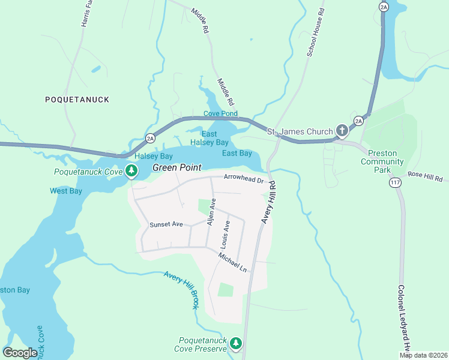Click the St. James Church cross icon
[342, 131]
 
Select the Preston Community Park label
[382, 157]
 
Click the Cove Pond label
[220, 113]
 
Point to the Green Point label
[176, 167]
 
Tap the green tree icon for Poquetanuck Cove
[131, 172]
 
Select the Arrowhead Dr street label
[244, 178]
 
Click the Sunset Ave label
[166, 224]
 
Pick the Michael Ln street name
[232, 262]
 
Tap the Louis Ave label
[226, 235]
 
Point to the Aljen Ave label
[211, 212]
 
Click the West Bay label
[65, 191]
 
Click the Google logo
[20, 352]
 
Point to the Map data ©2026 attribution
[423, 355]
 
